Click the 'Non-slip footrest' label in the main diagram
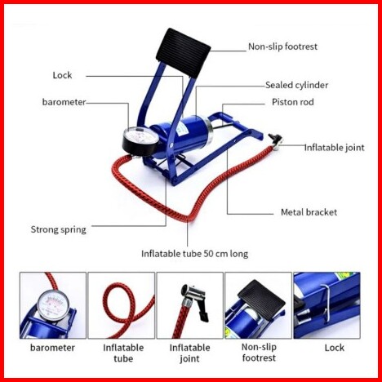tap(282, 47)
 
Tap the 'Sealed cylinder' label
tap(297, 85)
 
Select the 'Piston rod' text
tap(293, 102)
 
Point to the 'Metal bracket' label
tap(309, 212)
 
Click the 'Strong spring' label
tap(59, 229)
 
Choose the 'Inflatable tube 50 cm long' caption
tap(194, 254)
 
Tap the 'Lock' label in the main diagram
tap(62, 75)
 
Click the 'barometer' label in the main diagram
tap(64, 102)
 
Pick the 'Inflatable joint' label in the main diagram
tap(334, 148)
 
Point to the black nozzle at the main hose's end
tap(275, 140)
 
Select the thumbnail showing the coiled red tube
tap(122, 305)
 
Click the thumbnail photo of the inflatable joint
tap(190, 305)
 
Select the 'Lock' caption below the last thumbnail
tap(335, 348)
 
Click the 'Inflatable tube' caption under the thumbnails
tap(123, 353)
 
